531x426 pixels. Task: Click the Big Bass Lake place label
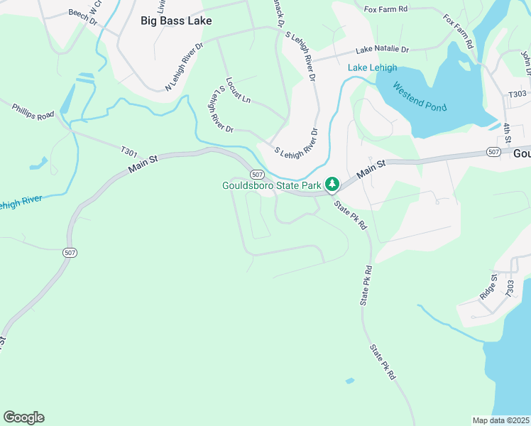tap(176, 21)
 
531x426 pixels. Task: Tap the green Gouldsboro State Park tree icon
tap(332, 185)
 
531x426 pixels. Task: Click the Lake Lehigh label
tap(372, 68)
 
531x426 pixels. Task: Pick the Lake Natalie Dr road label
tap(383, 50)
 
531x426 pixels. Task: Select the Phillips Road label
tap(33, 111)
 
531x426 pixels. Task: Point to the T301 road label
tap(128, 151)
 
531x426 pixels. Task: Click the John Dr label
tap(526, 62)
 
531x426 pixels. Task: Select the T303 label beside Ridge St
tap(510, 288)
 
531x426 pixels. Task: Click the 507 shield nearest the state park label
tap(258, 174)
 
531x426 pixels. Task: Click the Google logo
tap(23, 417)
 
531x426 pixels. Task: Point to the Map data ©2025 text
tap(500, 420)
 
